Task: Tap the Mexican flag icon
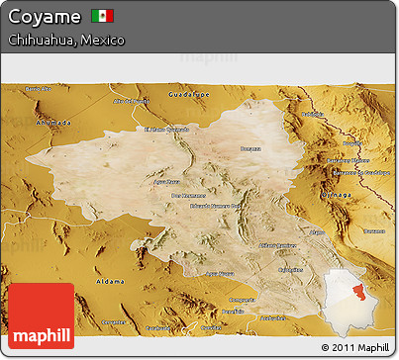(x=102, y=16)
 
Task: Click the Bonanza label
(x=250, y=148)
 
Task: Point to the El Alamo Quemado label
(x=166, y=129)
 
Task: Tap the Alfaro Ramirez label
(x=278, y=243)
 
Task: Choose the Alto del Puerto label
(x=131, y=101)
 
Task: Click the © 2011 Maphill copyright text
(x=355, y=347)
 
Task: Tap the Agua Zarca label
(x=166, y=181)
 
